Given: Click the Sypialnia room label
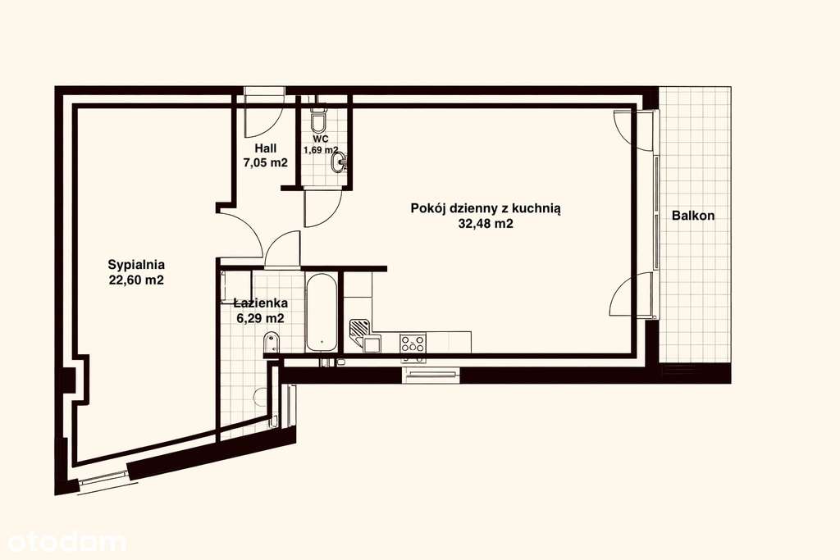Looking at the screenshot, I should [137, 265].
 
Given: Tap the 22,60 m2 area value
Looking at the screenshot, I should [137, 280].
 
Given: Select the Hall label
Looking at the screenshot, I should [265, 148].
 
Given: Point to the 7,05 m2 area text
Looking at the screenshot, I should [265, 162].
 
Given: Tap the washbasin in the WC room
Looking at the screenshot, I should [338, 163].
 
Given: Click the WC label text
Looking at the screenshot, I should [321, 139].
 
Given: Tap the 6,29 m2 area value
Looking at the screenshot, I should [260, 318].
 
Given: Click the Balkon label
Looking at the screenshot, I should [693, 216].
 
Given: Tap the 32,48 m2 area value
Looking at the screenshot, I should [486, 223].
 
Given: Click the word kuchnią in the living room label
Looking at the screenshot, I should [535, 208].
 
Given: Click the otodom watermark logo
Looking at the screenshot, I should [66, 540].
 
